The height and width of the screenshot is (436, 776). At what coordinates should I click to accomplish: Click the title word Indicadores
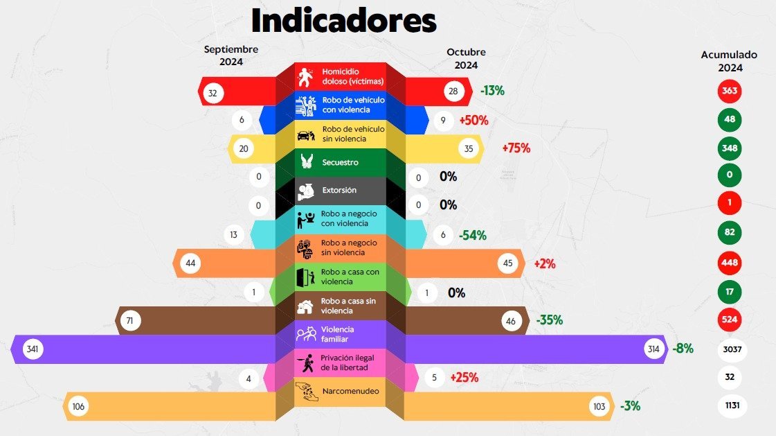click(343, 21)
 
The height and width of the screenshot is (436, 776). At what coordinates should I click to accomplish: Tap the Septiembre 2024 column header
click(231, 55)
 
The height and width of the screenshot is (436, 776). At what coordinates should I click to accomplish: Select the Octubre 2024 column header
click(466, 58)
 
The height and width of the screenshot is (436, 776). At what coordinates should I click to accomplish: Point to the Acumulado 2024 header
click(729, 60)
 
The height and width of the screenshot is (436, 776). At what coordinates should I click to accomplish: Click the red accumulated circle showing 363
click(729, 91)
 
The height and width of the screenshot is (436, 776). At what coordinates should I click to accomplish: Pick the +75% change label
click(516, 148)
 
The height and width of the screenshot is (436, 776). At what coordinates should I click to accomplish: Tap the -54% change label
click(472, 235)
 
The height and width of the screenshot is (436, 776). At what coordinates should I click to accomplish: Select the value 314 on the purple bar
click(653, 349)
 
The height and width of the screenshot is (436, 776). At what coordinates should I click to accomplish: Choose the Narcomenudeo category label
click(350, 392)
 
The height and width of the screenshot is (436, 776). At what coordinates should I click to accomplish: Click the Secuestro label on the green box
click(340, 162)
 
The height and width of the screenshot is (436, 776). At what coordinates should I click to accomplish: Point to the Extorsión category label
click(339, 190)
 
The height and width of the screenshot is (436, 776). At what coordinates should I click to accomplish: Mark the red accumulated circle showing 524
click(729, 320)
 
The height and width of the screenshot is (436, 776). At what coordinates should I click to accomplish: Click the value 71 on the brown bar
click(129, 320)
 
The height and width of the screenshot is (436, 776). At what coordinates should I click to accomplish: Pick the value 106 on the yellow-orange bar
click(78, 406)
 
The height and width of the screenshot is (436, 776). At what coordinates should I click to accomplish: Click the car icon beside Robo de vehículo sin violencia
click(305, 134)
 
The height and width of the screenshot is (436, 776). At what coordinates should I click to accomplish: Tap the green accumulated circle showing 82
click(729, 232)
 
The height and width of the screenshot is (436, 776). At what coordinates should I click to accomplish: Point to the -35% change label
click(549, 320)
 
